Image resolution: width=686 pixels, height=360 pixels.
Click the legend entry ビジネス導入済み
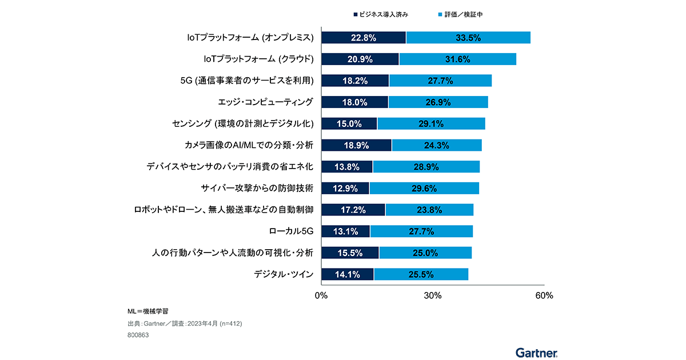click(x=381, y=13)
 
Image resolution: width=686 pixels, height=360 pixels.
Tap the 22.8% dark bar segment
click(x=364, y=38)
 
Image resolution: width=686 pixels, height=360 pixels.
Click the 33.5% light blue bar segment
click(x=468, y=38)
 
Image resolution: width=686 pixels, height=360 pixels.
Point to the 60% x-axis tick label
click(x=544, y=295)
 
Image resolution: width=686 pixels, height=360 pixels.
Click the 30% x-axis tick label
click(x=433, y=295)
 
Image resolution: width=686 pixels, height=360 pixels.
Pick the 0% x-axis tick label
click(x=321, y=295)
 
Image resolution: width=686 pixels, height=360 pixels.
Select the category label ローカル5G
click(x=291, y=231)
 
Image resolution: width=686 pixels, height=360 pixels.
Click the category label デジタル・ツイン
click(x=284, y=274)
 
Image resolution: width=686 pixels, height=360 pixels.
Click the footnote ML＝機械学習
click(x=147, y=312)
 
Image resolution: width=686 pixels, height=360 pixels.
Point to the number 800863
click(x=138, y=335)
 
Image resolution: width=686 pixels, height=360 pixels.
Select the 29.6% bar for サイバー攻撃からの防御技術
click(x=424, y=188)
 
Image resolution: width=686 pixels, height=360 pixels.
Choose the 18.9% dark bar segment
click(x=356, y=145)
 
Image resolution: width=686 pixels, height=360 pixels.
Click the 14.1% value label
click(x=347, y=274)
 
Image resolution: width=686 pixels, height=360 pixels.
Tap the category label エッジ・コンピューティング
click(x=266, y=102)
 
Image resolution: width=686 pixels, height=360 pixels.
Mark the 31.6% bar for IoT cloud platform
click(x=457, y=59)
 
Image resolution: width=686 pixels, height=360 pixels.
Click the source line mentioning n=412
click(x=185, y=324)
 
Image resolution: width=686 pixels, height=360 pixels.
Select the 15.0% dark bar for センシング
click(x=349, y=123)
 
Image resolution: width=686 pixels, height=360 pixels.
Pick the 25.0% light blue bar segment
click(x=425, y=253)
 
